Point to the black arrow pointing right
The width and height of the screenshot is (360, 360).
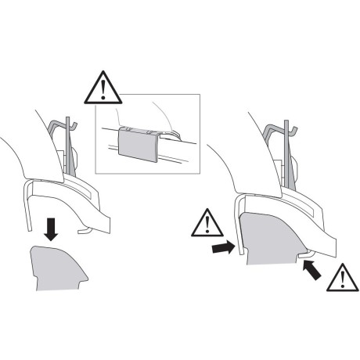222,248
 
